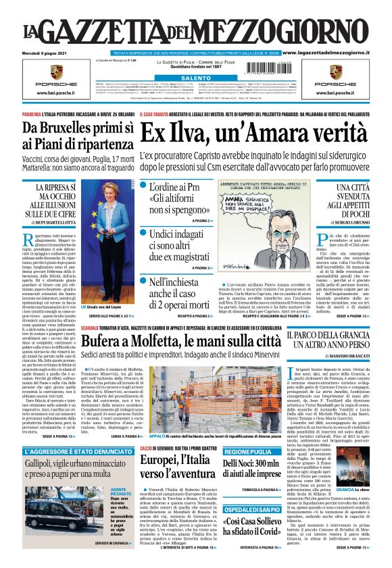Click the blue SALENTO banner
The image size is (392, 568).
tap(197, 78)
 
